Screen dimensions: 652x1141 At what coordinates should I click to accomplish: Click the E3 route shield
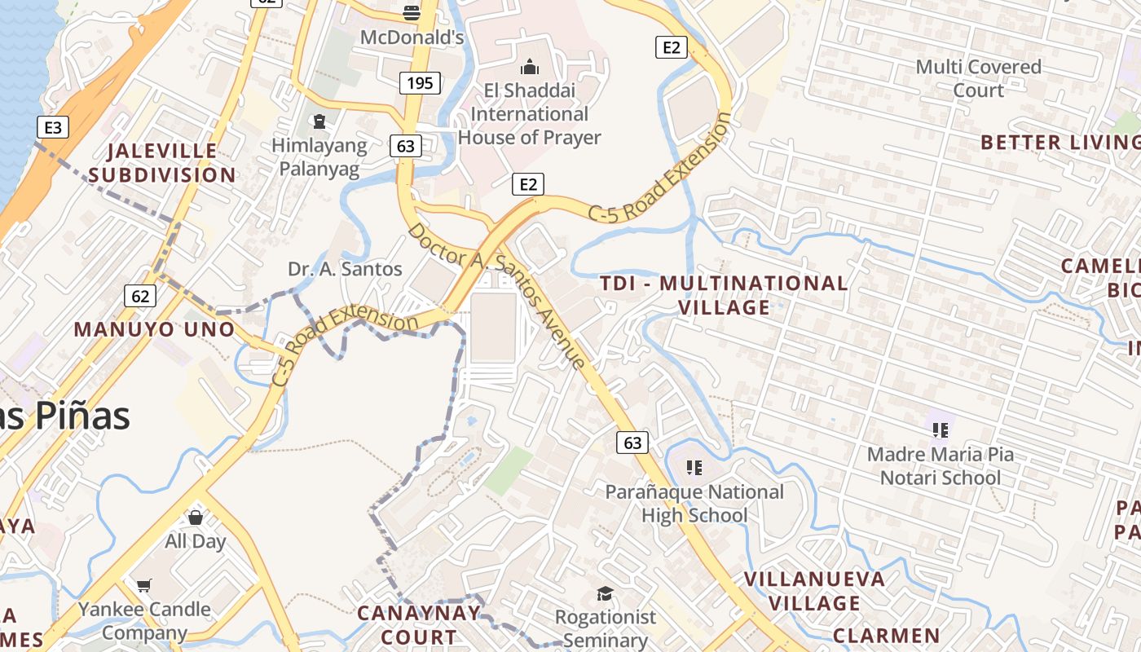pyautogui.click(x=53, y=127)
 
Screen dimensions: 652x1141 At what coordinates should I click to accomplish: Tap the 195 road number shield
pyautogui.click(x=420, y=82)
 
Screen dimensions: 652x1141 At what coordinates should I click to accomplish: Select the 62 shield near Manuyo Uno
pyautogui.click(x=140, y=295)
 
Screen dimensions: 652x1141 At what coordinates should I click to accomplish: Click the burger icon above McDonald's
pyautogui.click(x=412, y=12)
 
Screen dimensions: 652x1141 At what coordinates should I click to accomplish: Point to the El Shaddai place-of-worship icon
pyautogui.click(x=529, y=66)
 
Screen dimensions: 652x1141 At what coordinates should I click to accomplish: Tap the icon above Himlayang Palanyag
pyautogui.click(x=319, y=122)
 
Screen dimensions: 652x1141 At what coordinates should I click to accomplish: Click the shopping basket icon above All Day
pyautogui.click(x=196, y=517)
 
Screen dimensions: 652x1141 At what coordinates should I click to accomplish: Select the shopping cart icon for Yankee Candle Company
pyautogui.click(x=144, y=584)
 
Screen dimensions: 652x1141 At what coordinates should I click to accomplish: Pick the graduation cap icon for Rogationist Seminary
pyautogui.click(x=605, y=593)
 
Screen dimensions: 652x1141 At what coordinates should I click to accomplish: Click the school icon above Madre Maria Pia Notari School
pyautogui.click(x=940, y=430)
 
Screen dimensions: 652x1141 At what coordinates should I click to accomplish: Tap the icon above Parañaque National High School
pyautogui.click(x=694, y=467)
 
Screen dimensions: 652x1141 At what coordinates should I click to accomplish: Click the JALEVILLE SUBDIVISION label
pyautogui.click(x=162, y=163)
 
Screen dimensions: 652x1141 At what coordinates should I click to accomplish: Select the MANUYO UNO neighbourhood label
pyautogui.click(x=154, y=329)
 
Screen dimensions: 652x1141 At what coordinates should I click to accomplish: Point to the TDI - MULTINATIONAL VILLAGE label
pyautogui.click(x=724, y=295)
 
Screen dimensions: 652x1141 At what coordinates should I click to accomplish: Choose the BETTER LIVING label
pyautogui.click(x=1059, y=143)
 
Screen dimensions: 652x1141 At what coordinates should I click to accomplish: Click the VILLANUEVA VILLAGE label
pyautogui.click(x=815, y=591)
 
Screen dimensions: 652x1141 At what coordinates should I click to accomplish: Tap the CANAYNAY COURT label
pyautogui.click(x=419, y=624)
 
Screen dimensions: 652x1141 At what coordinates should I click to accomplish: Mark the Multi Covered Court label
pyautogui.click(x=978, y=78)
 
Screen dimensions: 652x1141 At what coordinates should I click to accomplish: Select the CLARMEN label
pyautogui.click(x=887, y=636)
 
